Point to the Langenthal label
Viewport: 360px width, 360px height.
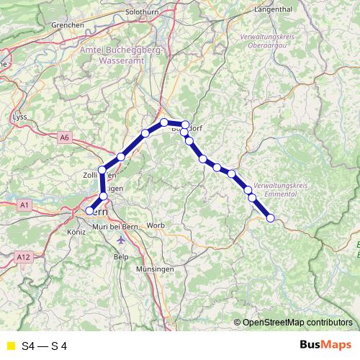[x=271, y=9]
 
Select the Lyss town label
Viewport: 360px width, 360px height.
[x=20, y=115]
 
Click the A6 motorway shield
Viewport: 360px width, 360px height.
[x=66, y=137]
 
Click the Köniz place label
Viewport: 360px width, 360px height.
[x=76, y=233]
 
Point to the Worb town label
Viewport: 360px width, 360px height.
[x=156, y=225]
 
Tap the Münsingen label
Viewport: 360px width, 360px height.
[x=154, y=269]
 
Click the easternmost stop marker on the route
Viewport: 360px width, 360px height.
[x=271, y=218]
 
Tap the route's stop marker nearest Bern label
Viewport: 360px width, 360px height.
[x=90, y=211]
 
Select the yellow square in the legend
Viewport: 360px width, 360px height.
[x=10, y=346]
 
